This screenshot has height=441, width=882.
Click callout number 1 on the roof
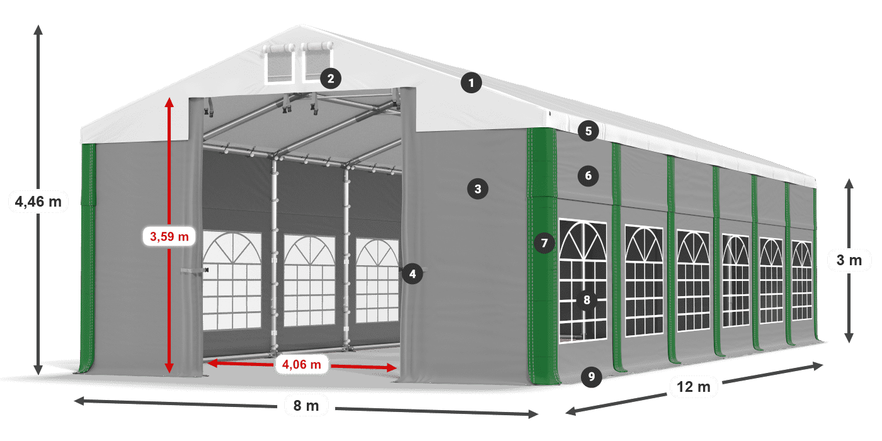click(x=471, y=83)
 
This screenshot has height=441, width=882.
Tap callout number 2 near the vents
click(x=330, y=79)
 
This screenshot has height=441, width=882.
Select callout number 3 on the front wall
click(x=478, y=189)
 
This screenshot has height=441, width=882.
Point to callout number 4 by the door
click(x=412, y=274)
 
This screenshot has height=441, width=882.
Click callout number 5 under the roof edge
click(x=588, y=131)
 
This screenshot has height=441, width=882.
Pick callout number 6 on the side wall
click(x=588, y=176)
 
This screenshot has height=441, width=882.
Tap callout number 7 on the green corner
click(x=544, y=243)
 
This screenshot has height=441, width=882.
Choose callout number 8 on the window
click(x=587, y=300)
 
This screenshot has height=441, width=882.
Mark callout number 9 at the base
click(x=591, y=377)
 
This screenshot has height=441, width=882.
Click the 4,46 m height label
click(x=38, y=202)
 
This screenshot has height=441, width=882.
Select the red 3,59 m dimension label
click(x=169, y=236)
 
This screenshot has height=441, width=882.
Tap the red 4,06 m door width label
click(x=302, y=365)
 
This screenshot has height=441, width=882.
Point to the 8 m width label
click(x=306, y=406)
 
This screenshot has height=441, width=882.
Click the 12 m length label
click(x=694, y=387)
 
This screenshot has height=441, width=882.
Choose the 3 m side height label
click(x=849, y=260)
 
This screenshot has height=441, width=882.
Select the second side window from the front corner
click(x=644, y=281)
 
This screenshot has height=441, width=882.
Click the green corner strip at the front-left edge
click(x=88, y=258)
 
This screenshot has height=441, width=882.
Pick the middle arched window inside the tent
click(x=309, y=281)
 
